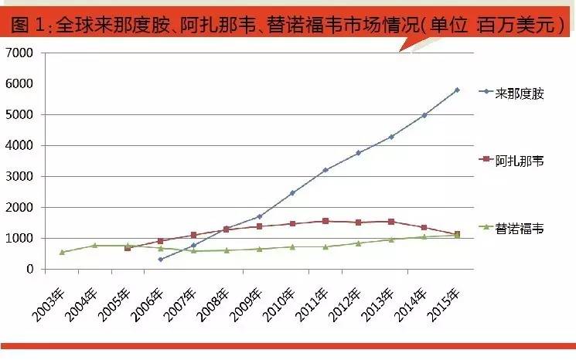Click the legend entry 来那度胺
[519, 92]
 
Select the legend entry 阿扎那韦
[519, 160]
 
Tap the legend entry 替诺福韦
[519, 228]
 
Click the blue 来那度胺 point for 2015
[457, 90]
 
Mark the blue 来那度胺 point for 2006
[161, 259]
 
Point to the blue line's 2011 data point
[325, 170]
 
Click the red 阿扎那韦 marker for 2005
[128, 248]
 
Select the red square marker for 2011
[325, 221]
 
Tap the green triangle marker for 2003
[62, 252]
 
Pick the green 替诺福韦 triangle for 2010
[292, 246]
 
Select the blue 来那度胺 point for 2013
[391, 137]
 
